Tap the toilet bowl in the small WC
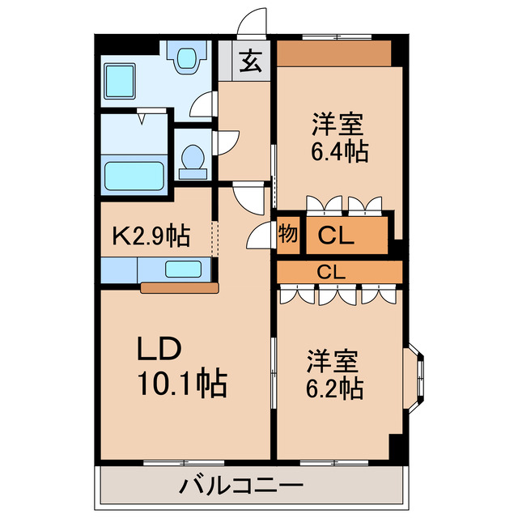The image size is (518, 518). pos(193,159)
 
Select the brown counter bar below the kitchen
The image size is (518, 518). pos(179,287)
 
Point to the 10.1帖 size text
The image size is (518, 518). pos(182,382)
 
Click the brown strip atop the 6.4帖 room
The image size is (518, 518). pos(334,53)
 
